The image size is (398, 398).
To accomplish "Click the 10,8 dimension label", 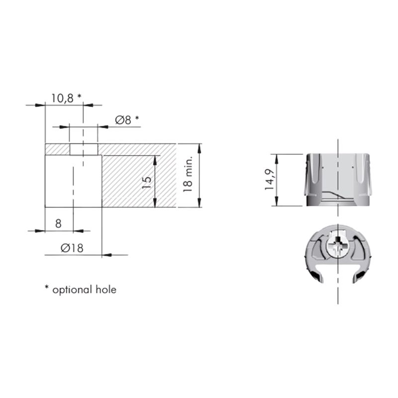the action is pyautogui.click(x=63, y=98).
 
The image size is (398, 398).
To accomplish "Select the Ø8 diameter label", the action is pyautogui.click(x=123, y=120).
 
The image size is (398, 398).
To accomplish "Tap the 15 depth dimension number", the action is pyautogui.click(x=147, y=182).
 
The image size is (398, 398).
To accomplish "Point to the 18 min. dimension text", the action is pyautogui.click(x=188, y=174).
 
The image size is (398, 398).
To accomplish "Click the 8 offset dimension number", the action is pyautogui.click(x=58, y=224).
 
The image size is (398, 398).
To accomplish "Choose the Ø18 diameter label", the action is pyautogui.click(x=72, y=248).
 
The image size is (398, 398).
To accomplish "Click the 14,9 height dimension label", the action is pyautogui.click(x=269, y=180).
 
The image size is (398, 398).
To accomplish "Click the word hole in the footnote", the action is pyautogui.click(x=106, y=290).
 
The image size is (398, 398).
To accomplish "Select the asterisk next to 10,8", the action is pyautogui.click(x=80, y=96).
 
